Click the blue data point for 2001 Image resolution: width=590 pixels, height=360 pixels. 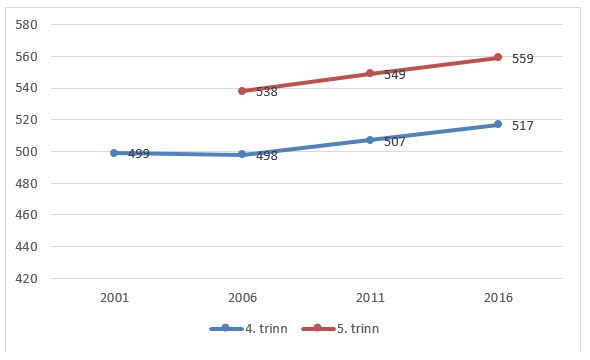pos(114,153)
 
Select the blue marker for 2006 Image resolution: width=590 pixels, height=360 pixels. pos(242,154)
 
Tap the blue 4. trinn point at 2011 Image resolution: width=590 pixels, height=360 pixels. pos(370,140)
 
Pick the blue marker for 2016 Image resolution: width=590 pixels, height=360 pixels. pos(497,124)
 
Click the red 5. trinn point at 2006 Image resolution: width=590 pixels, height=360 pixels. pos(242,90)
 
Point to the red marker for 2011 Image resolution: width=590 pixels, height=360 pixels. pos(370,73)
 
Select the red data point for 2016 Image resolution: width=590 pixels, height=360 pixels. pos(497,57)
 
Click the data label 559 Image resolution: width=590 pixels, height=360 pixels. pos(522,59)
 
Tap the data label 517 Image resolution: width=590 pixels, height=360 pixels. pos(522,126)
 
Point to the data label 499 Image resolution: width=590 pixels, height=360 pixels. pos(139,154)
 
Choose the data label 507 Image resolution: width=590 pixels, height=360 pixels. pos(394,142)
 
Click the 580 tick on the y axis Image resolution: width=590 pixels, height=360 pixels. pos(27,24)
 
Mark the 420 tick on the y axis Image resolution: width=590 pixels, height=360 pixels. pos(27,278)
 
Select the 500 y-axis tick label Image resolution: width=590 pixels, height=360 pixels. pos(27,151)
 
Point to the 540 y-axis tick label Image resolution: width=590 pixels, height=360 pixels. pos(27,88)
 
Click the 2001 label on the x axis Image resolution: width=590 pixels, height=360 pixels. pos(114,298)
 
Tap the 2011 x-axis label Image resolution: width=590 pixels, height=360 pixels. pos(370,298)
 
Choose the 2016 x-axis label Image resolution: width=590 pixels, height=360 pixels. pos(497,298)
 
